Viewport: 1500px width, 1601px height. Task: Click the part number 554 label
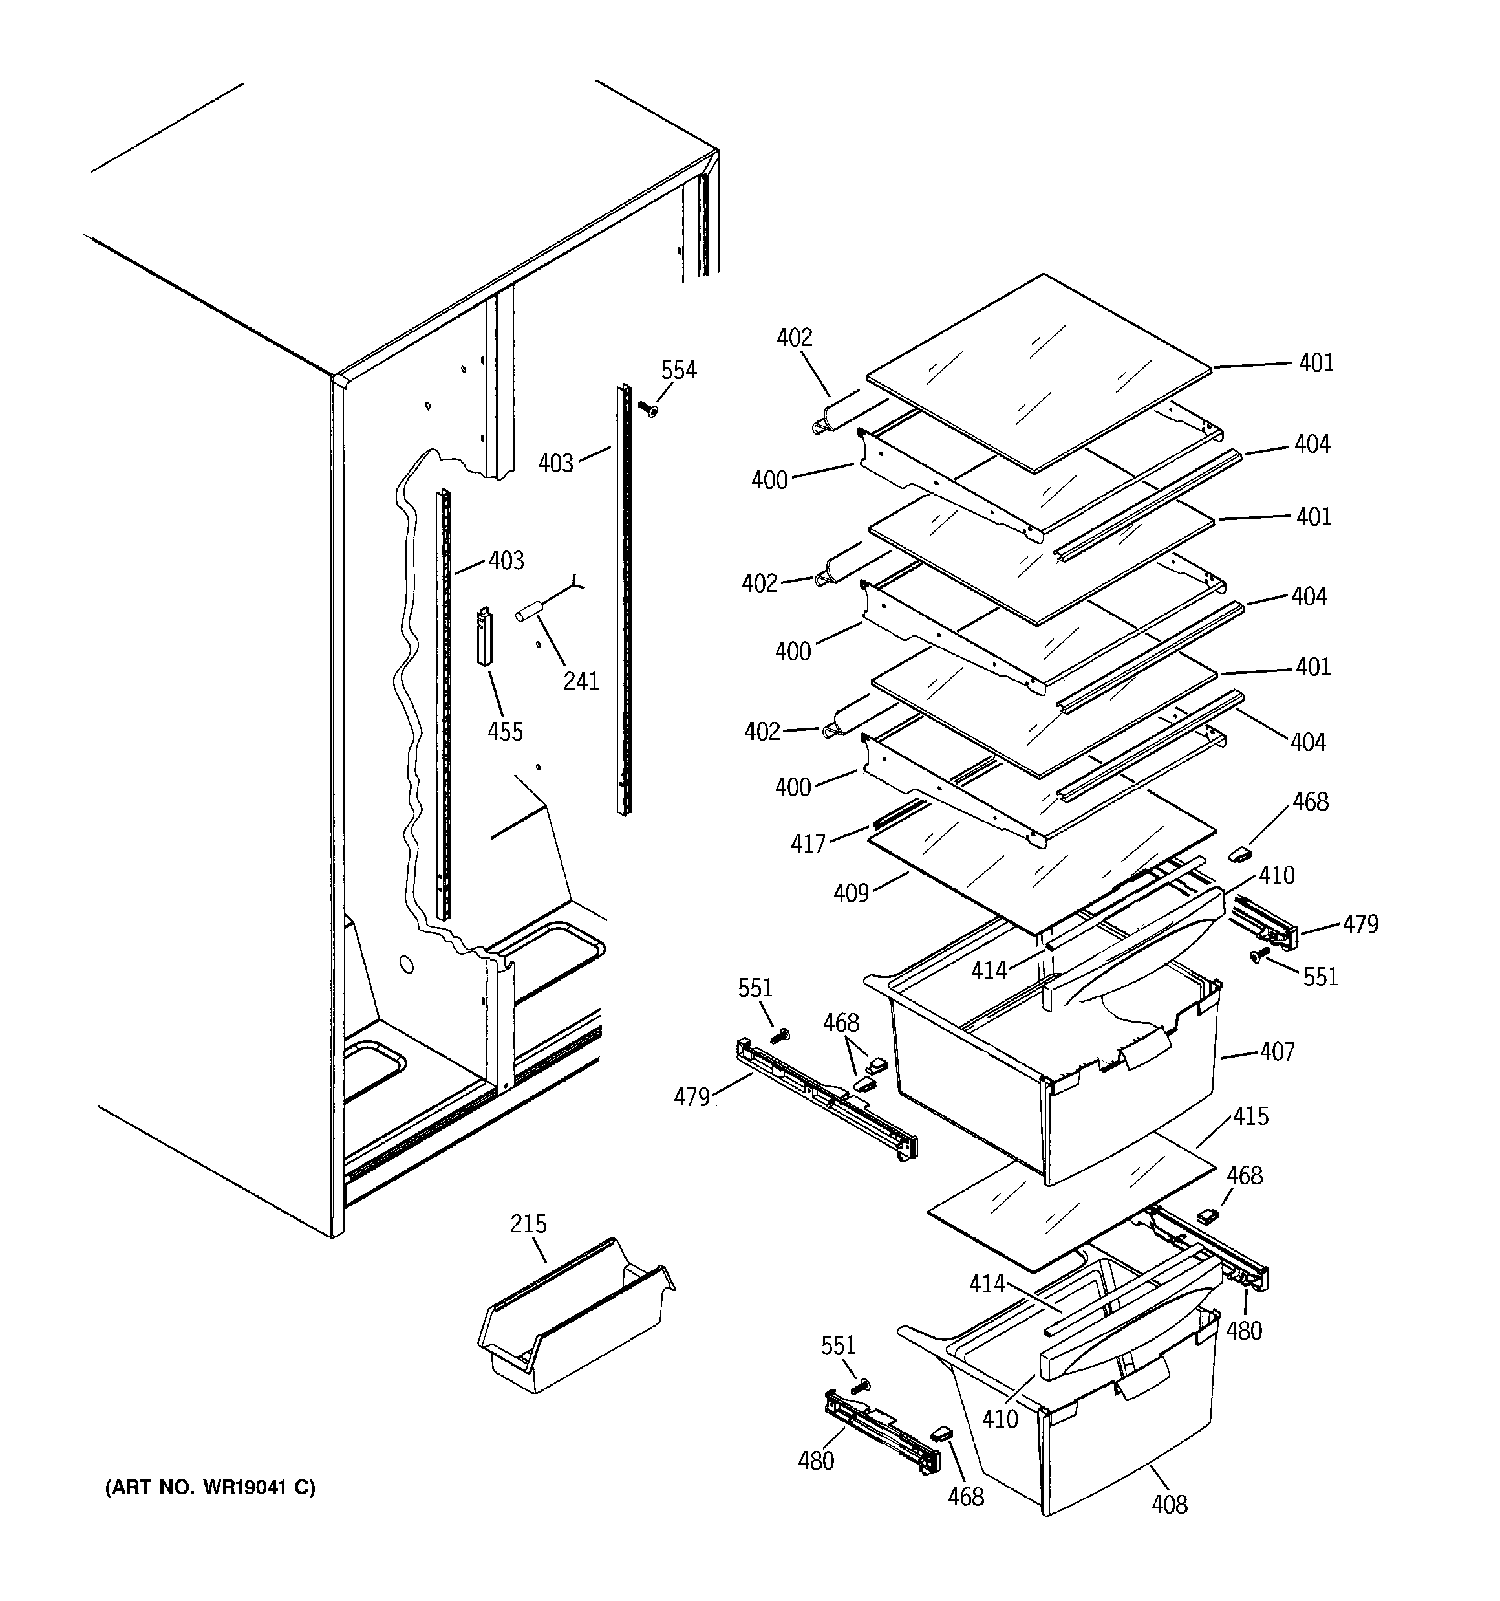(x=678, y=371)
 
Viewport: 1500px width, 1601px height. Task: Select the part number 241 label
(x=581, y=682)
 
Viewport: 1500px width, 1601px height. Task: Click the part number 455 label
(x=505, y=732)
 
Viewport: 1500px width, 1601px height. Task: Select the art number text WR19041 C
(x=210, y=1487)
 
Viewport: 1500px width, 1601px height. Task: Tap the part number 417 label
(x=808, y=844)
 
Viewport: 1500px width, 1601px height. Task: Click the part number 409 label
(x=851, y=893)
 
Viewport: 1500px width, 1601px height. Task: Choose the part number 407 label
(x=1277, y=1052)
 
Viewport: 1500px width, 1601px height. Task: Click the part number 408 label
(x=1168, y=1505)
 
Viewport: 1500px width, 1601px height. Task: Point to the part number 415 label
(x=1250, y=1117)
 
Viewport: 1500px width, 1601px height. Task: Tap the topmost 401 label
(x=1316, y=363)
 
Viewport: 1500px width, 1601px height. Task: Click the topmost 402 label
(x=794, y=338)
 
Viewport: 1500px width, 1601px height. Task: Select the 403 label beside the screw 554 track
(x=555, y=464)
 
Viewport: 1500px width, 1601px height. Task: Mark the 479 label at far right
(x=1360, y=924)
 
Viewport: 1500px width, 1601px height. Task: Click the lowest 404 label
(x=1307, y=743)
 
